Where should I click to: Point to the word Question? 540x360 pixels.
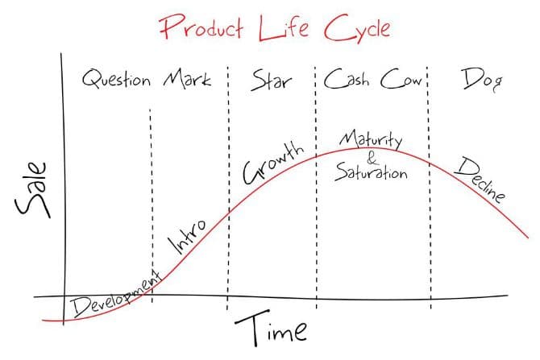117,81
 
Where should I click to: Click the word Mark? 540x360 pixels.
187,80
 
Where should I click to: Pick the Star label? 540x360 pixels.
271,80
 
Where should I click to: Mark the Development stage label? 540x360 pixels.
113,296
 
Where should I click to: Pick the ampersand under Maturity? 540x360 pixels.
371,157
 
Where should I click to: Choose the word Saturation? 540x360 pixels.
372,172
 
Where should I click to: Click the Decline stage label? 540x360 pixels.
480,179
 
